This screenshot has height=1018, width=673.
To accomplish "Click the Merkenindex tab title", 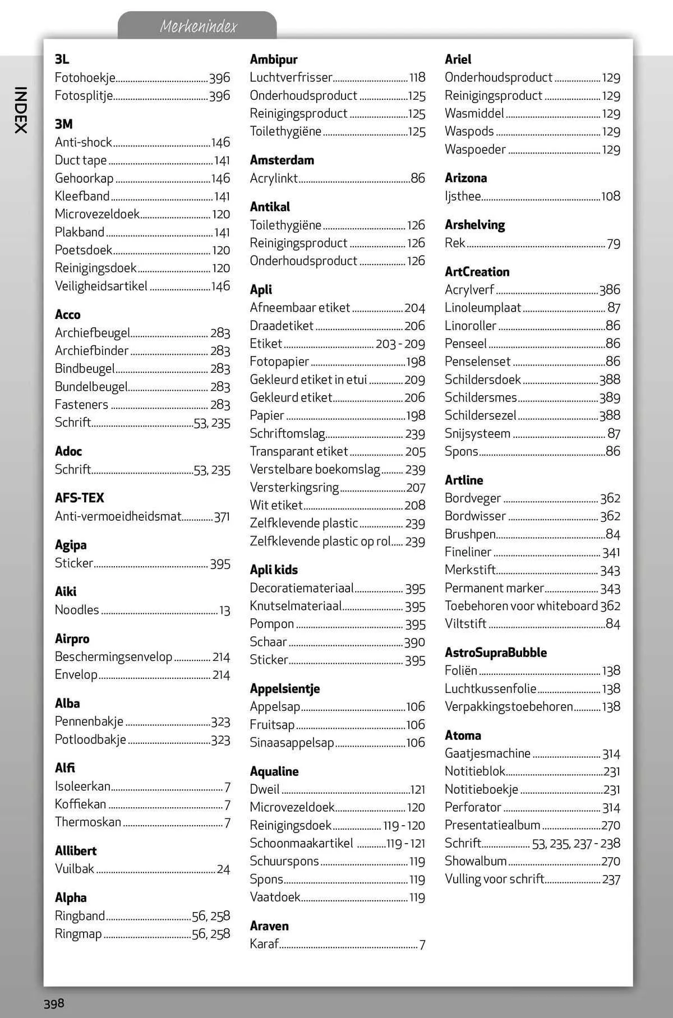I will (x=198, y=26).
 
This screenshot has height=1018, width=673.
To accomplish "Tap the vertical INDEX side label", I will (x=20, y=110).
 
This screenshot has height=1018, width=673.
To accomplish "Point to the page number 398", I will (x=54, y=1003).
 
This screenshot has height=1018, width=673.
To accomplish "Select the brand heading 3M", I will (x=63, y=124).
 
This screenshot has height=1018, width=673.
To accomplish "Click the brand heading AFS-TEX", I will (x=79, y=498).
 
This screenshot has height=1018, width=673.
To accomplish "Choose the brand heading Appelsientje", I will (x=284, y=688).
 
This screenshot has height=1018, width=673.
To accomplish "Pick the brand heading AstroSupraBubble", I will (x=495, y=653).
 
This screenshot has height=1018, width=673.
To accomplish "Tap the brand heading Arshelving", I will (x=474, y=225).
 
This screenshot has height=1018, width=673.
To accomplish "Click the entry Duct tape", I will (x=81, y=160).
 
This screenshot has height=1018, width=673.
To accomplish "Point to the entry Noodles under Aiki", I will (x=77, y=610).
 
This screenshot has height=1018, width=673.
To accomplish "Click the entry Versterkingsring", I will (x=294, y=488).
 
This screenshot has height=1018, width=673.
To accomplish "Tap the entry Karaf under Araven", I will (x=264, y=944).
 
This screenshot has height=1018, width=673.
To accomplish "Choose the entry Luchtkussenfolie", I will (x=490, y=688).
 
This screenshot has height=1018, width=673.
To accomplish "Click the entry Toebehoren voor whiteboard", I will (x=521, y=606).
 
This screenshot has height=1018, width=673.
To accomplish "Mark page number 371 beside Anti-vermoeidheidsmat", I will (x=222, y=517).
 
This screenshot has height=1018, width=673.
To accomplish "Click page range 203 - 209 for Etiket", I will (x=400, y=344).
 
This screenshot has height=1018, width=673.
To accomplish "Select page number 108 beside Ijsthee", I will (x=610, y=196).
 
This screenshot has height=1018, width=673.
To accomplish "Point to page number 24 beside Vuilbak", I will (x=223, y=869).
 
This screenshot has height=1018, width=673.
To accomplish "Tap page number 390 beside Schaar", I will (x=414, y=642).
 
